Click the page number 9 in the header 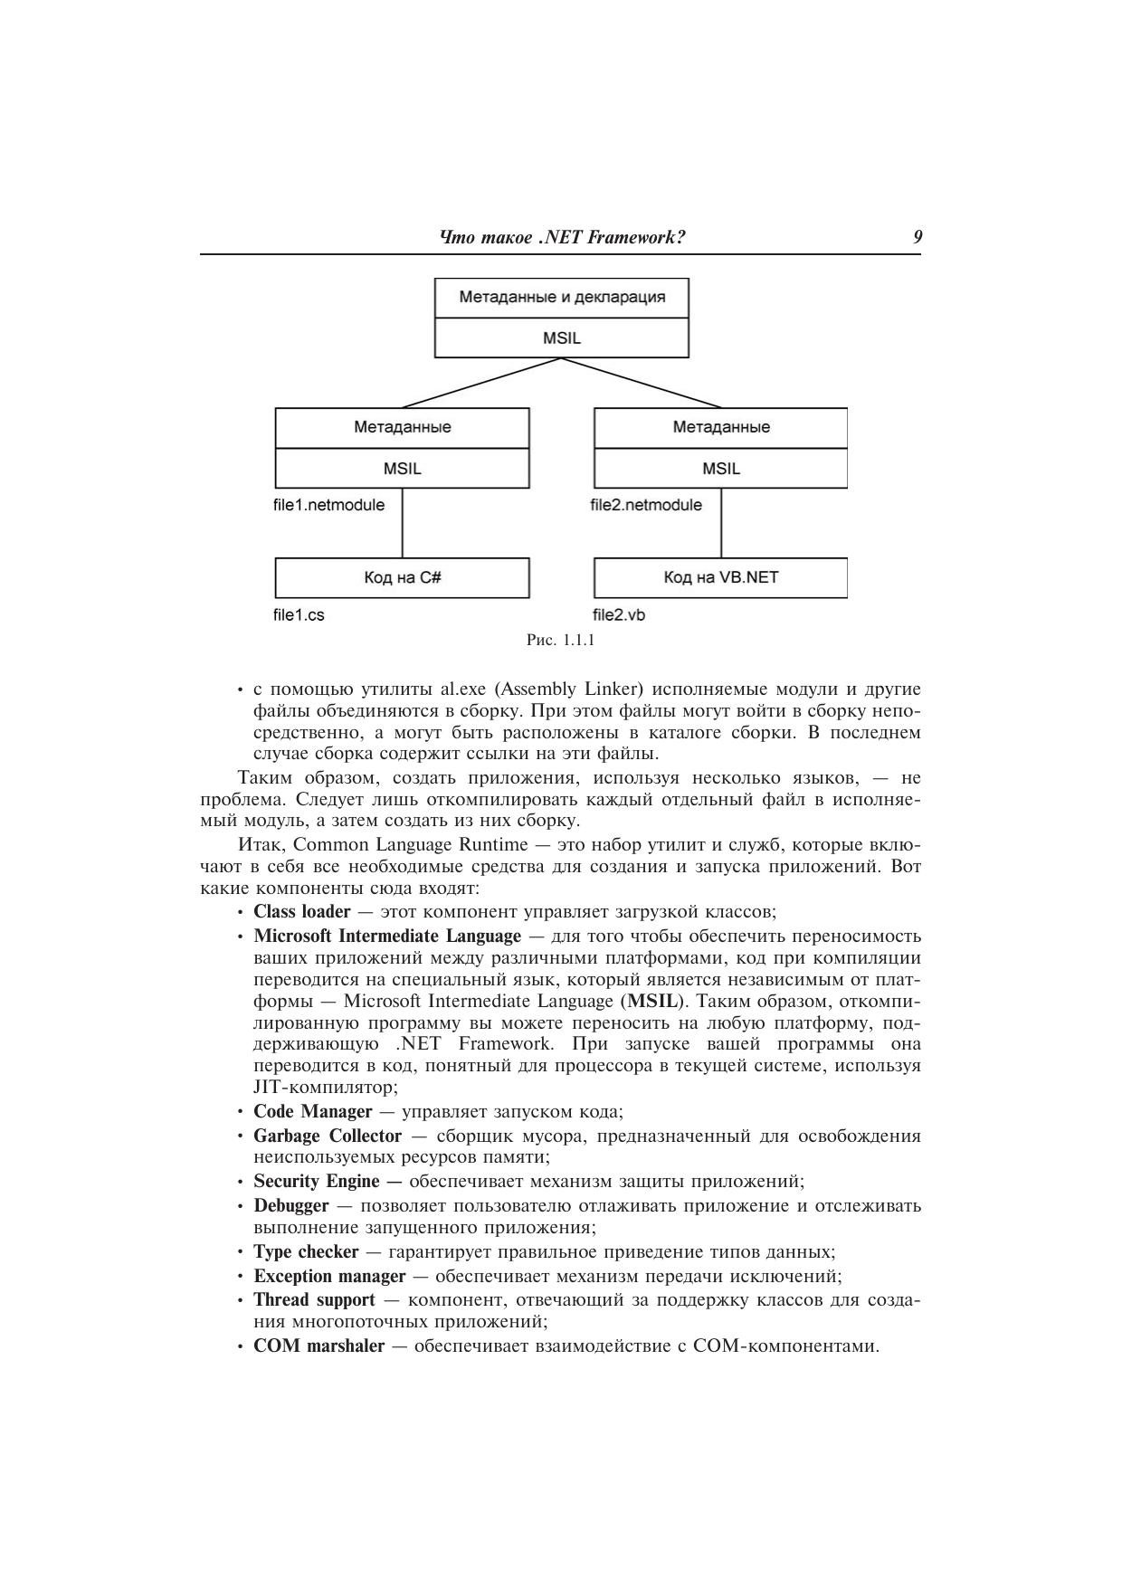tap(918, 238)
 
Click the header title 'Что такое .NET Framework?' tap(561, 238)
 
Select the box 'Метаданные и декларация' tap(561, 297)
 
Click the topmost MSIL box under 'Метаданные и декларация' tap(561, 338)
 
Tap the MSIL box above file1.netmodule tap(402, 469)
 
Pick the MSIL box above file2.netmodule tap(720, 469)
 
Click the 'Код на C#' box tap(402, 577)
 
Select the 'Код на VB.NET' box tap(720, 577)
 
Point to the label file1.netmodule tap(328, 505)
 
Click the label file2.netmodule tap(646, 505)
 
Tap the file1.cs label tap(299, 615)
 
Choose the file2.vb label tap(619, 615)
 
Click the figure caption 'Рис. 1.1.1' tap(560, 641)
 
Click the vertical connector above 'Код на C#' tap(402, 525)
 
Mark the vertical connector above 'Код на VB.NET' tap(721, 525)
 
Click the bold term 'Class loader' tap(301, 911)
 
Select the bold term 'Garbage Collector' tap(328, 1136)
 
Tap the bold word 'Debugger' tap(291, 1205)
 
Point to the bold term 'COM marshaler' tap(319, 1346)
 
